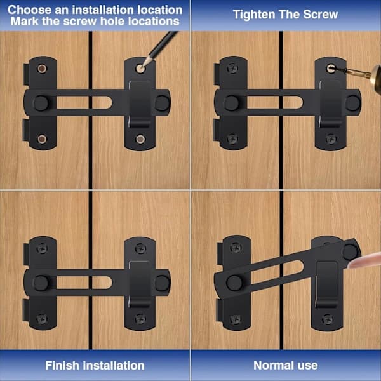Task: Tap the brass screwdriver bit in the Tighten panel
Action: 357,72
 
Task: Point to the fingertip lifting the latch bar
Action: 364,260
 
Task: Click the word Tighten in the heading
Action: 254,15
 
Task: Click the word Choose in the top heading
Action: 29,10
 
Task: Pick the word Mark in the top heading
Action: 25,22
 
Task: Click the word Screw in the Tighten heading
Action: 321,15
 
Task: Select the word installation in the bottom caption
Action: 112,366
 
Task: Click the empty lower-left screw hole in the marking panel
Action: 42,139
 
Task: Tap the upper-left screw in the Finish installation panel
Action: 42,248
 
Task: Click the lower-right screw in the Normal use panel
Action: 327,319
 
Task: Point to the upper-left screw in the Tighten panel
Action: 232,69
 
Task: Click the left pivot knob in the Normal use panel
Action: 234,283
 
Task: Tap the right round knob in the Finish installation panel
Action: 162,283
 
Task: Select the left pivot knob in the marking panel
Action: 41,103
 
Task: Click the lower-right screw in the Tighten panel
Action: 331,139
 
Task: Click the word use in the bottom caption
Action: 307,366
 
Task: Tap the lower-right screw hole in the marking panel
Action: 140,139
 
